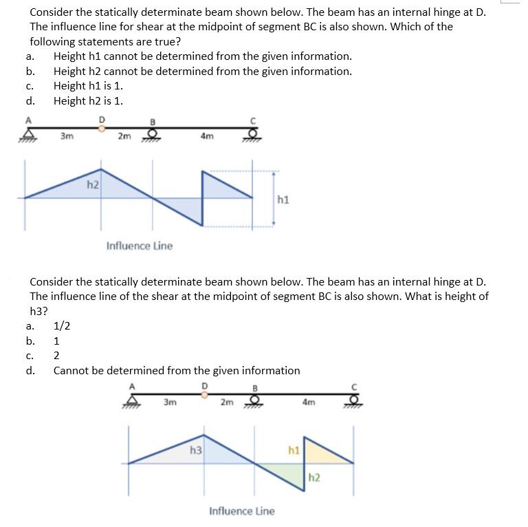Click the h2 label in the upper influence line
click(93, 184)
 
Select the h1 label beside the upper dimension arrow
click(283, 200)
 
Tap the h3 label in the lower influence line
click(195, 451)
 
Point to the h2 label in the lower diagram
click(313, 477)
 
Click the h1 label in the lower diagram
click(294, 451)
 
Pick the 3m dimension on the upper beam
click(67, 136)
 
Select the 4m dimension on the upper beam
click(206, 136)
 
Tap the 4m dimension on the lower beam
click(309, 402)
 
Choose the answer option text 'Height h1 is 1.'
click(88, 86)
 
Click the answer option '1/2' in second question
click(60, 326)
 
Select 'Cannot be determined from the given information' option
click(177, 370)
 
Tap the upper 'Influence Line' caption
click(140, 246)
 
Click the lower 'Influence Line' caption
click(241, 511)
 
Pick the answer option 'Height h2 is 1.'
click(88, 101)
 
